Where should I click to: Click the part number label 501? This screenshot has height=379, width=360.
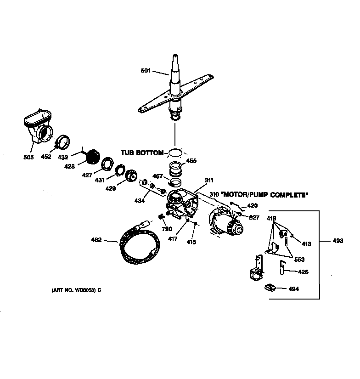[146, 70]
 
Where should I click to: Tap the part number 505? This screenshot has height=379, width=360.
[28, 157]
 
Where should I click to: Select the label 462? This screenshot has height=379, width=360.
[97, 239]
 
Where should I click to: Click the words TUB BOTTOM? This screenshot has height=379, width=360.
[142, 152]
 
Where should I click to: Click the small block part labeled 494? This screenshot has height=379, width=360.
[270, 288]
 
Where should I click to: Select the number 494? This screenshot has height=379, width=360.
[293, 289]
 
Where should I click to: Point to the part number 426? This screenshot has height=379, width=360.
[303, 272]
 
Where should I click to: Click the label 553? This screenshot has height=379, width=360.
[299, 260]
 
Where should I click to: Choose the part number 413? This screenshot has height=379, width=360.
[306, 244]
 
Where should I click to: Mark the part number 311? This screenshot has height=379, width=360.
[209, 180]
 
